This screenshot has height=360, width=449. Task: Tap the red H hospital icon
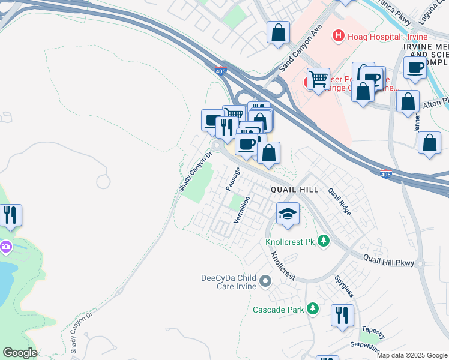pyautogui.click(x=339, y=37)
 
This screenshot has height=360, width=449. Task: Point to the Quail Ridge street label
pyautogui.click(x=339, y=201)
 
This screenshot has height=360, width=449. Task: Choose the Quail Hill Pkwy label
pyautogui.click(x=388, y=260)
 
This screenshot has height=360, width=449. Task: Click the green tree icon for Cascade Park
pyautogui.click(x=312, y=309)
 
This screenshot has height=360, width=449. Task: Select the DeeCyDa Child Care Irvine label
pyautogui.click(x=229, y=282)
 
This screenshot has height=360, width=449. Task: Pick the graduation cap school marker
pyautogui.click(x=288, y=213)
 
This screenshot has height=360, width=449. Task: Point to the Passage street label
pyautogui.click(x=233, y=179)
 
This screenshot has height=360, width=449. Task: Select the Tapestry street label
pyautogui.click(x=373, y=334)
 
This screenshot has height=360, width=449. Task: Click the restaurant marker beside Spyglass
pyautogui.click(x=342, y=316)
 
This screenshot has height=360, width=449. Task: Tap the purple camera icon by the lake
pyautogui.click(x=6, y=246)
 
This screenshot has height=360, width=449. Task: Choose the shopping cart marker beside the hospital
pyautogui.click(x=318, y=78)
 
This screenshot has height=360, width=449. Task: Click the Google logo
pyautogui.click(x=19, y=353)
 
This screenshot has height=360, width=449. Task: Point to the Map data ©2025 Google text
pyautogui.click(x=411, y=355)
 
